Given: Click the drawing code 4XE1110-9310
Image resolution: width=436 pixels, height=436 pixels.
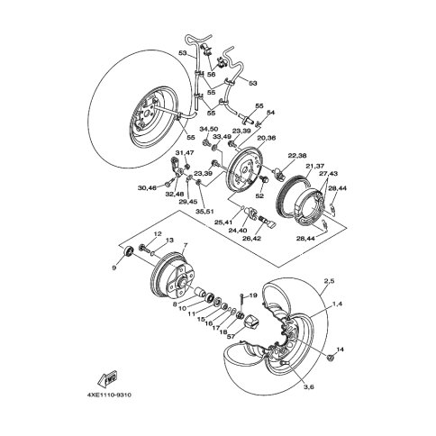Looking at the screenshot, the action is pos(109,395).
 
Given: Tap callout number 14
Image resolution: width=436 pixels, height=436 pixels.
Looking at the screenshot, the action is pos(340,350).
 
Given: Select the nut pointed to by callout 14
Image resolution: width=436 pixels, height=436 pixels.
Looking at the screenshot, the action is pos(331,358).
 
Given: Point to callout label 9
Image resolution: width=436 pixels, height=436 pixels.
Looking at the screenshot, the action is pos(114,268).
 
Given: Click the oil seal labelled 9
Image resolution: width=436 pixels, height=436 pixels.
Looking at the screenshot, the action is pos(130,251).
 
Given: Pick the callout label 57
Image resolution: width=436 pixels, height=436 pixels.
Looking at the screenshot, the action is pos(231,337).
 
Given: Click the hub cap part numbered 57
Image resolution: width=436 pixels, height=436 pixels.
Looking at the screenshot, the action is pos(252,322).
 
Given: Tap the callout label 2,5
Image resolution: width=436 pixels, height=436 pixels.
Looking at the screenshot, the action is pos(329,281).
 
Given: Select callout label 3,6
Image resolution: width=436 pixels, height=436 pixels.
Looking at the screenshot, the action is pos(308,387).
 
